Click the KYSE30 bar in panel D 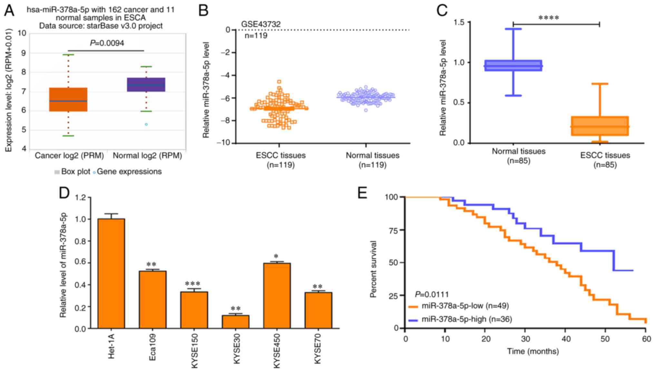coord(236,322)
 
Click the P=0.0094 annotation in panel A coord(107,43)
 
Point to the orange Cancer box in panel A coord(68,100)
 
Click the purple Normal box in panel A coord(146,84)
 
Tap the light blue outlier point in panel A coord(146,124)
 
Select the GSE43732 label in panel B coord(261,24)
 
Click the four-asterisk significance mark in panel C coord(549,18)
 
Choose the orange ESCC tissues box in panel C coord(600,126)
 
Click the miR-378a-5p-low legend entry coord(459,306)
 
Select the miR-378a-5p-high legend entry coord(460,319)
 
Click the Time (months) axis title coord(533,351)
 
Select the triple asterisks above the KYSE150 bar coord(193,284)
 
